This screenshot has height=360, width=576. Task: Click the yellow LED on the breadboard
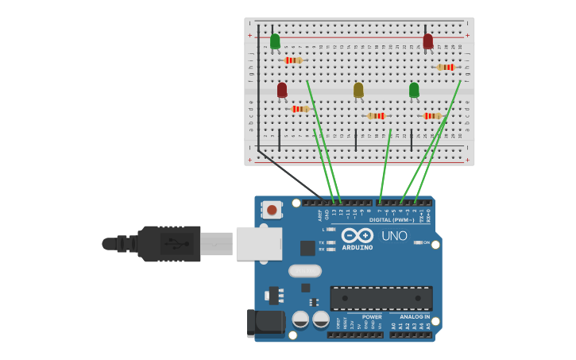click(x=358, y=90)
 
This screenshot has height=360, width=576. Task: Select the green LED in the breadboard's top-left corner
click(x=275, y=41)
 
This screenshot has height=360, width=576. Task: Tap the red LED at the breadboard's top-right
click(x=428, y=41)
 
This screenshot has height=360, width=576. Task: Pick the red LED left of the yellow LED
click(x=282, y=90)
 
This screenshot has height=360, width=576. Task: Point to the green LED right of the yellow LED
click(x=414, y=90)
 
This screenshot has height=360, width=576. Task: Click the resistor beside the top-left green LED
click(x=293, y=60)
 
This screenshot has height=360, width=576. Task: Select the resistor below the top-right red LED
click(x=446, y=68)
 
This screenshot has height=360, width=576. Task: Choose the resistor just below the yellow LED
click(x=377, y=116)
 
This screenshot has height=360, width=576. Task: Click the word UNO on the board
click(x=394, y=235)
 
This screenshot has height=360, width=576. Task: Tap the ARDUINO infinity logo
click(x=358, y=235)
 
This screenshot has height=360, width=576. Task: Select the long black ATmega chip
click(x=381, y=298)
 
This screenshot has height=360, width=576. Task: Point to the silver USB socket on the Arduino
click(x=259, y=243)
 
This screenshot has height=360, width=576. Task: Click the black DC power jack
click(x=266, y=323)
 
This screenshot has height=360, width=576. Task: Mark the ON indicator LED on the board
click(x=418, y=242)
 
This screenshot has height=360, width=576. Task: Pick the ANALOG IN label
click(x=415, y=316)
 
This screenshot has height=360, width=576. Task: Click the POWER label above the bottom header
click(x=372, y=316)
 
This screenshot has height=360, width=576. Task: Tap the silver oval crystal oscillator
click(x=305, y=271)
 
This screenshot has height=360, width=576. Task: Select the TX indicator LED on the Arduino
click(x=331, y=242)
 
